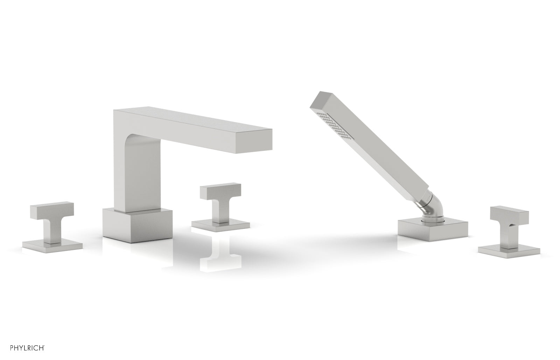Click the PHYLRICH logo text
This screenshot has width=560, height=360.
[28, 348]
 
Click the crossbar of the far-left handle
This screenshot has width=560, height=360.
[52, 210]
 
